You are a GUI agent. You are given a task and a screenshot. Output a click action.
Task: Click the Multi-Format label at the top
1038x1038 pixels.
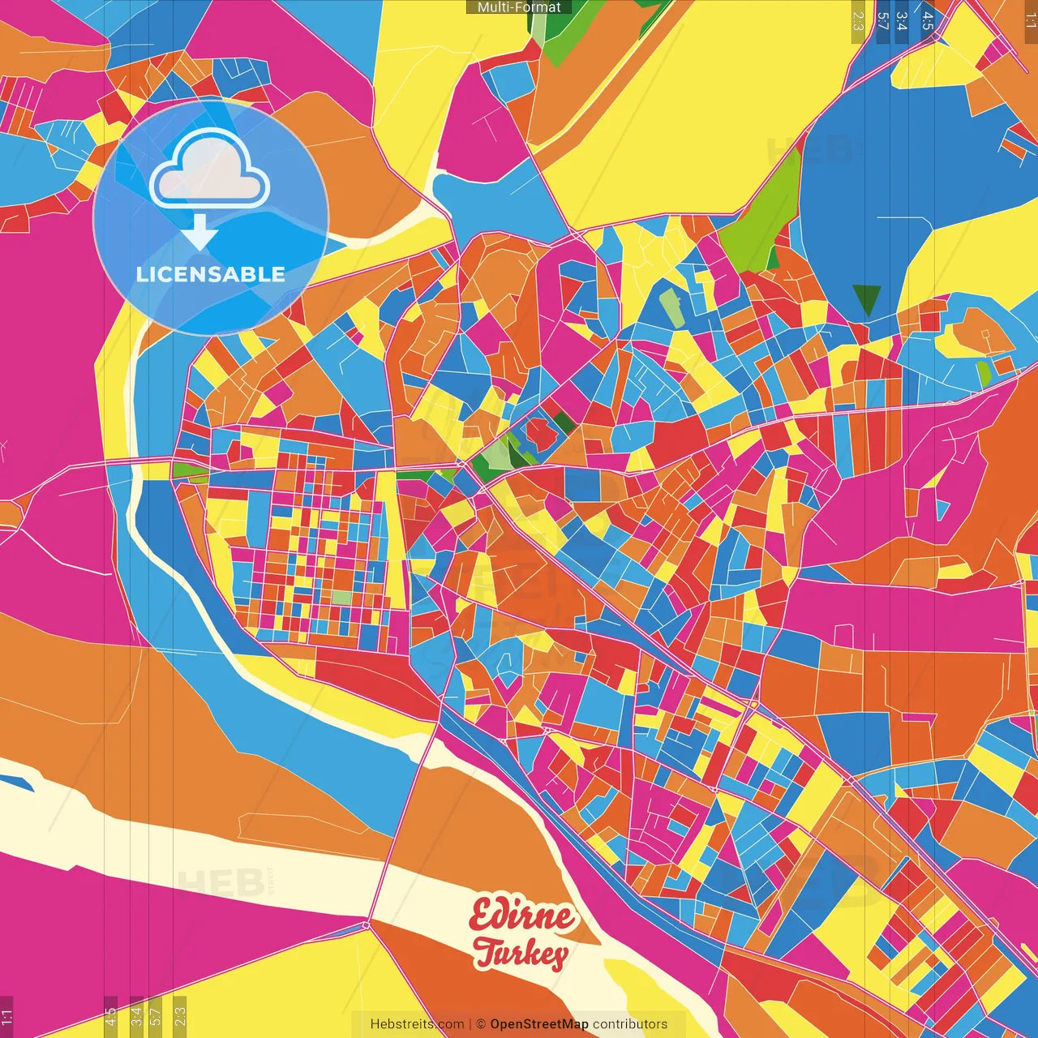click(x=519, y=7)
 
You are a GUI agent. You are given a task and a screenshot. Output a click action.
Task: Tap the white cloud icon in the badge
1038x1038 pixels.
click(x=209, y=169)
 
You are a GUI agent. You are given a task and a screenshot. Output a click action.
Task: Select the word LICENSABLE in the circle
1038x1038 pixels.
click(x=210, y=274)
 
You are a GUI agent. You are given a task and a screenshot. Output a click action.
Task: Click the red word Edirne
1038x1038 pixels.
click(x=522, y=916)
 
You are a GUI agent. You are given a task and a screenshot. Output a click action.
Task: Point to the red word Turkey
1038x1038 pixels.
click(x=521, y=953)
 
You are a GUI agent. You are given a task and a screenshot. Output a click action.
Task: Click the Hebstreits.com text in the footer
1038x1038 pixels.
click(x=417, y=1024)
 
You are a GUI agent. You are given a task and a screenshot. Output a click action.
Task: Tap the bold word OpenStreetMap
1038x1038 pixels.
click(x=539, y=1024)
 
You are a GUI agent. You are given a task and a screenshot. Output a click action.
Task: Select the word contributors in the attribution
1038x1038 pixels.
click(x=630, y=1024)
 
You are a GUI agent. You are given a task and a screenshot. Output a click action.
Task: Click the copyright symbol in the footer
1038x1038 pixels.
click(x=480, y=1024)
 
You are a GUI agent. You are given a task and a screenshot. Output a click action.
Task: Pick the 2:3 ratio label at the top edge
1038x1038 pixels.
click(x=858, y=19)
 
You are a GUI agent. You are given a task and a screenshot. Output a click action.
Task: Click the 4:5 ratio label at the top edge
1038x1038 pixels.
click(x=928, y=19)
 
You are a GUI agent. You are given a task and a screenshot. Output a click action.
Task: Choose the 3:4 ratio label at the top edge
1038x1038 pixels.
click(x=902, y=19)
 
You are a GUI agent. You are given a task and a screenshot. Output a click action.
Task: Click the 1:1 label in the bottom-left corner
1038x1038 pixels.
click(x=7, y=1016)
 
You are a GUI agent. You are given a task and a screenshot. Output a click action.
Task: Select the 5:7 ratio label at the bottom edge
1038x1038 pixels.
click(x=156, y=1016)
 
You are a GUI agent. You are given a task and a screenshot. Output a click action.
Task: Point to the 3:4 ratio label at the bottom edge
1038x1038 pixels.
click(x=136, y=1016)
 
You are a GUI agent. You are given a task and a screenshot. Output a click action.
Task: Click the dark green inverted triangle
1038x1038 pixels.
click(x=867, y=298)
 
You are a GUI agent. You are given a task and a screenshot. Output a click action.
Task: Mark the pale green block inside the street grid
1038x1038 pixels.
click(x=342, y=598)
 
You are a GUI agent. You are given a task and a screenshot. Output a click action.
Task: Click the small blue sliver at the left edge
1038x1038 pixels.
click(x=16, y=783)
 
